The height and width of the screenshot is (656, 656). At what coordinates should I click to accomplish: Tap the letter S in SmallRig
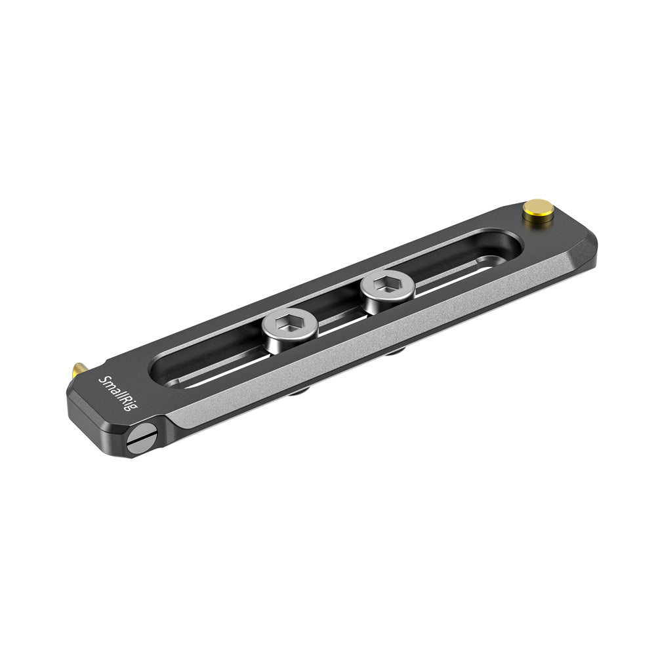click(104, 380)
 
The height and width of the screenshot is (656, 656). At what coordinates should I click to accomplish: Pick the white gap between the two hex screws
click(341, 321)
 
